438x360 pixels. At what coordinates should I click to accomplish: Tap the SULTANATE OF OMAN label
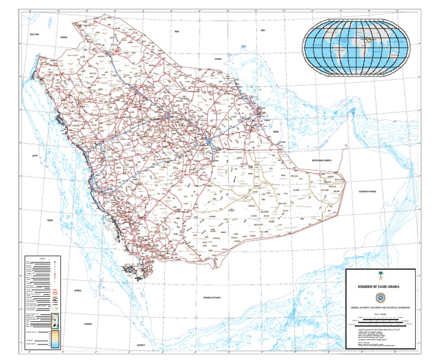(368, 192)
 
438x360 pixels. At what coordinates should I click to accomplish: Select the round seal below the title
(378, 297)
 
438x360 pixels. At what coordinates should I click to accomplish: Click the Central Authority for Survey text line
(378, 308)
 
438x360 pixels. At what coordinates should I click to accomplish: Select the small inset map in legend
(55, 321)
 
